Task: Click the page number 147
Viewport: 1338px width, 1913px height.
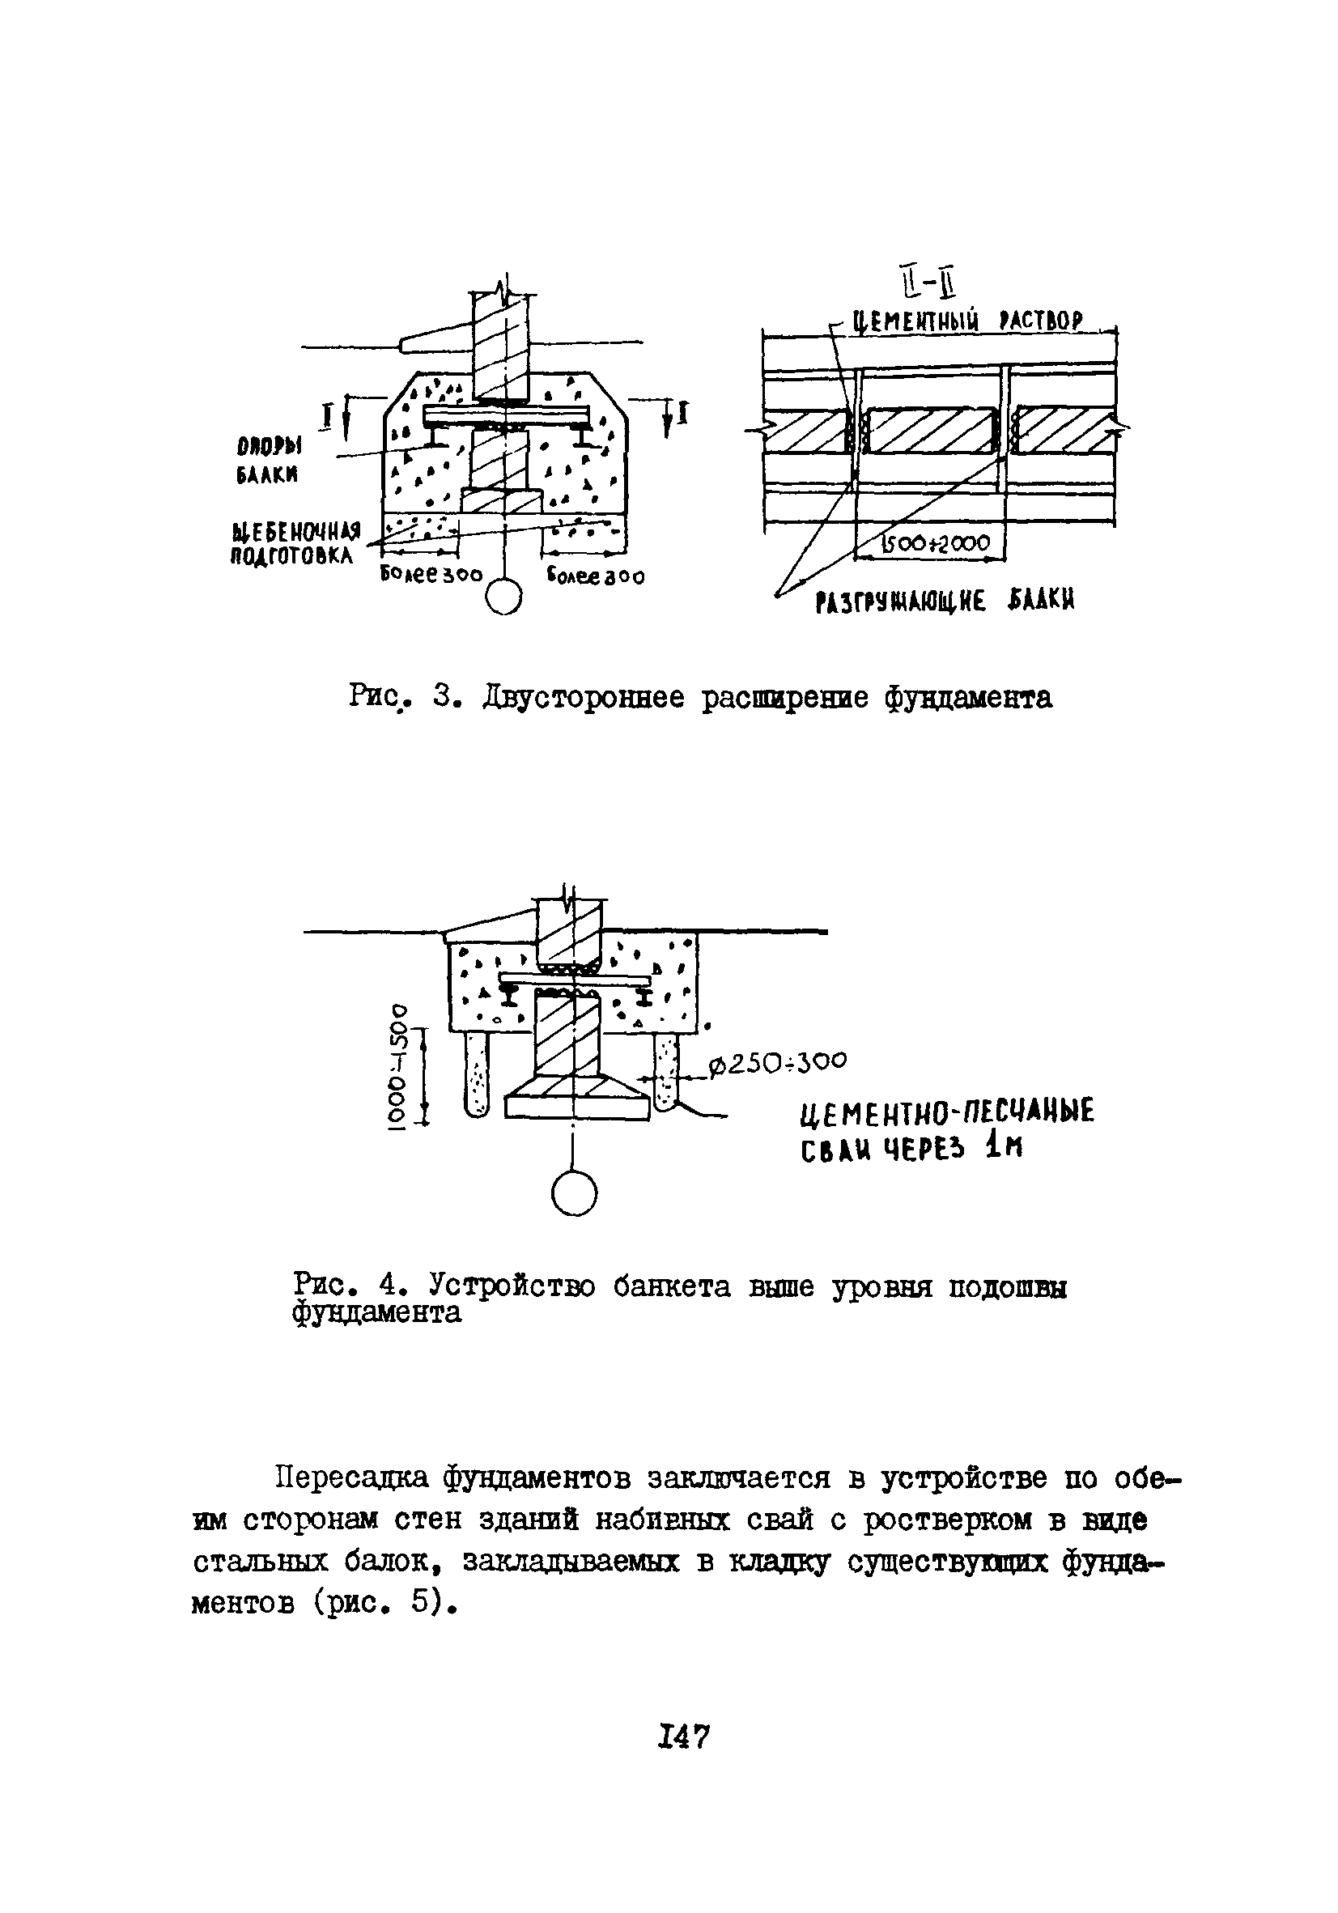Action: point(682,1737)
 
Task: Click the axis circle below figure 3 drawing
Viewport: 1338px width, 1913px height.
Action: point(504,597)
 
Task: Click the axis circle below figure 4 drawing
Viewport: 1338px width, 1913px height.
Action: point(574,1193)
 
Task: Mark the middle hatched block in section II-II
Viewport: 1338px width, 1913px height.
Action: point(932,430)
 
